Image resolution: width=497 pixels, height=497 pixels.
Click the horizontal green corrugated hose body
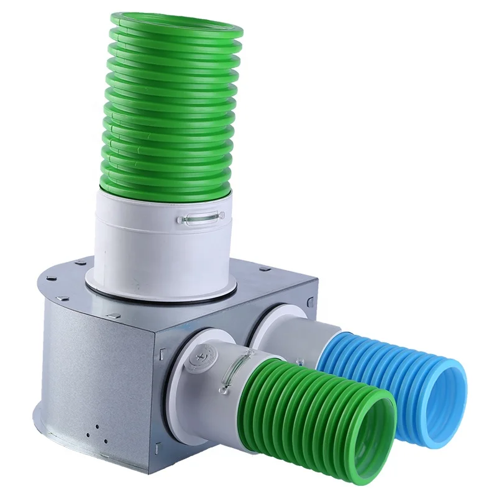coord(298,404)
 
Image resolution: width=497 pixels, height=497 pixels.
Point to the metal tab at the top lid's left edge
coord(53,280)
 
